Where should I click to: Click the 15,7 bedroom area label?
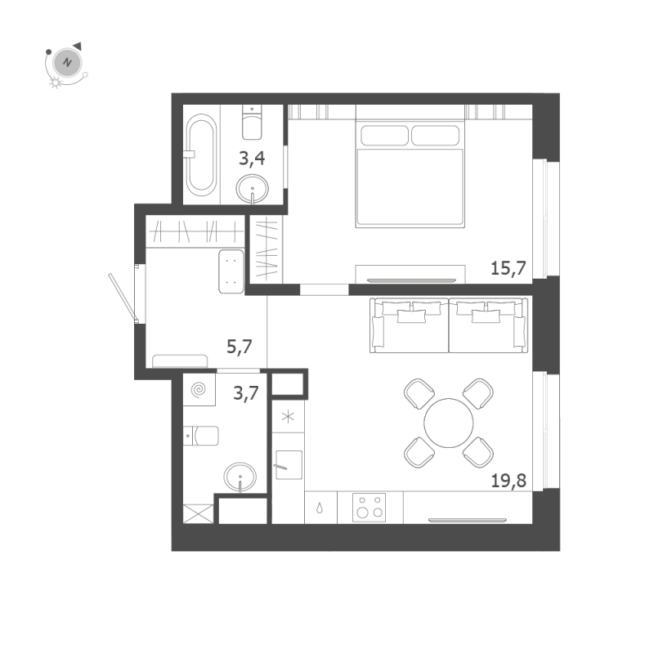tap(508, 268)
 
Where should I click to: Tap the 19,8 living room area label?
tap(508, 481)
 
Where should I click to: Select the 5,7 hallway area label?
tap(240, 347)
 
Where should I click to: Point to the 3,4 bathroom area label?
tap(252, 159)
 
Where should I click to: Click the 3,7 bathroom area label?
tap(246, 393)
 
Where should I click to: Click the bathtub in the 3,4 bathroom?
tap(201, 155)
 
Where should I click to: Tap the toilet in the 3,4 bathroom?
tap(252, 122)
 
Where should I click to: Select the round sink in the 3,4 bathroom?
tap(252, 189)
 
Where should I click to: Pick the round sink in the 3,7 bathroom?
tap(240, 477)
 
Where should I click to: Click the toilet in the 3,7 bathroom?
tap(201, 436)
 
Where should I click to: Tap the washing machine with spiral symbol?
tap(199, 390)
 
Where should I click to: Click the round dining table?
tap(448, 423)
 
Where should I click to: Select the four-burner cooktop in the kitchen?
tap(370, 508)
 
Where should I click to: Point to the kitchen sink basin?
tap(289, 464)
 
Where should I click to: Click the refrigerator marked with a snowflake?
tap(289, 416)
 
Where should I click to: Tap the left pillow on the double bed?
tap(384, 136)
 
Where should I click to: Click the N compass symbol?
tap(67, 63)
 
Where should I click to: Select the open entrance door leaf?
tap(122, 298)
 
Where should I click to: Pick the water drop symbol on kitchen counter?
tap(320, 508)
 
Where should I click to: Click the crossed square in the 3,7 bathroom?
tap(199, 514)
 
